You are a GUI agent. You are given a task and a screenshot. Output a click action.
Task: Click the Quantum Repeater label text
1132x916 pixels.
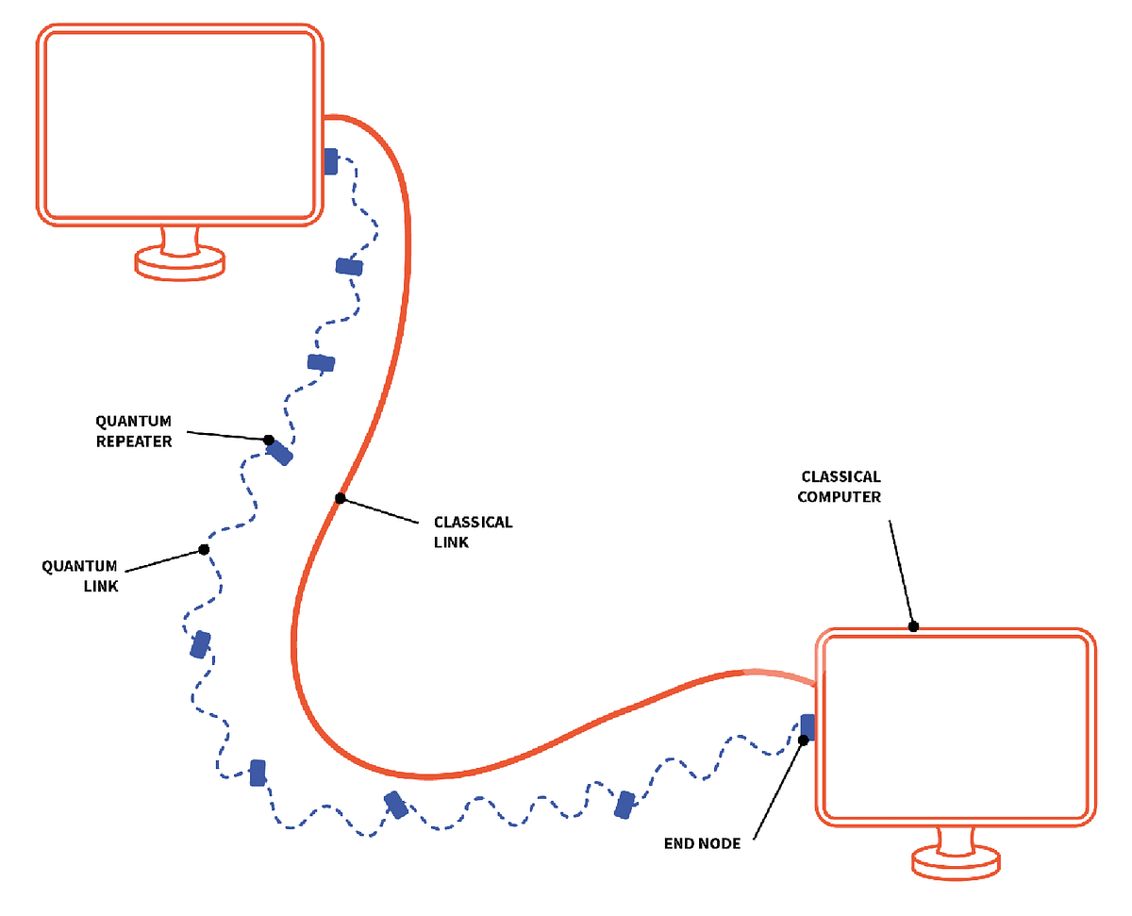[x=134, y=430]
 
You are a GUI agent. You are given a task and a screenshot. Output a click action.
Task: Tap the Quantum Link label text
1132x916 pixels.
[x=79, y=575]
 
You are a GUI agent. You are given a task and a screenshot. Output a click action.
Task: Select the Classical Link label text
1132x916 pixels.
[x=473, y=532]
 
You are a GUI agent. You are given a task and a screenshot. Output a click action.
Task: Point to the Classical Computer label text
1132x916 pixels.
[x=840, y=487]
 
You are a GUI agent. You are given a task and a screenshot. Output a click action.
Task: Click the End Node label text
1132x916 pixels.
[x=703, y=843]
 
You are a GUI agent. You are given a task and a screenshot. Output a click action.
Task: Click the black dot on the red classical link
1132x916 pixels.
[x=340, y=498]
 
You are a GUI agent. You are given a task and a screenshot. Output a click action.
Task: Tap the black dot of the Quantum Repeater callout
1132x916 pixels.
[x=269, y=441]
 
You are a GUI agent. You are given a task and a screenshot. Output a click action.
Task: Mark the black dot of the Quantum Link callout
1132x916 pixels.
[x=204, y=549]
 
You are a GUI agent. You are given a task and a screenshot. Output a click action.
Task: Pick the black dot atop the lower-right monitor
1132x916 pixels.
[x=913, y=626]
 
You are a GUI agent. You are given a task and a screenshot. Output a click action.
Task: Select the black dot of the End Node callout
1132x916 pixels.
[x=803, y=741]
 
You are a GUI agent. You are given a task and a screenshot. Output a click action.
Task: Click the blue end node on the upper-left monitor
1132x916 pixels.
[x=330, y=161]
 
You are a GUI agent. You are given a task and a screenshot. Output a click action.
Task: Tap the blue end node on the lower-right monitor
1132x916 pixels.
[x=807, y=725]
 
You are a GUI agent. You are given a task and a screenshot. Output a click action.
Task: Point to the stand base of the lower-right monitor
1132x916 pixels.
[x=956, y=861]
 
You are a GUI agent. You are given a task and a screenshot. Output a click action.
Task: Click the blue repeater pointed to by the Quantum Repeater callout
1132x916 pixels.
[x=280, y=454]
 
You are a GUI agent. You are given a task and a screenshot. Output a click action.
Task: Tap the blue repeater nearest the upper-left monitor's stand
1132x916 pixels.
[x=349, y=267]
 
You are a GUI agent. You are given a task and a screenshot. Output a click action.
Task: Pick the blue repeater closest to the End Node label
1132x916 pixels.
[x=624, y=805]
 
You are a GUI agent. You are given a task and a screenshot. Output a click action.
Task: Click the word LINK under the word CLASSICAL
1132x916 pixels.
[x=451, y=542]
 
